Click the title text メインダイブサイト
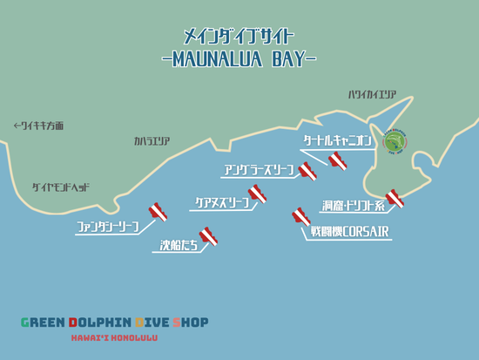click(x=239, y=37)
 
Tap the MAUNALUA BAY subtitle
click(x=239, y=58)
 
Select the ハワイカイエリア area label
click(x=372, y=95)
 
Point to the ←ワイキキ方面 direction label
click(x=38, y=126)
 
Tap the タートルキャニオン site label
click(x=337, y=139)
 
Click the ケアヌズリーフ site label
click(x=220, y=202)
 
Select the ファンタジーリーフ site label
click(x=107, y=228)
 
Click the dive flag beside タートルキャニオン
click(x=338, y=159)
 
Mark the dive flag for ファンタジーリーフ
click(x=158, y=210)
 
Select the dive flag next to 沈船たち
click(x=208, y=235)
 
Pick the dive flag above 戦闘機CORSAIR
click(x=301, y=214)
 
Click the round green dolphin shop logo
click(x=395, y=141)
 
